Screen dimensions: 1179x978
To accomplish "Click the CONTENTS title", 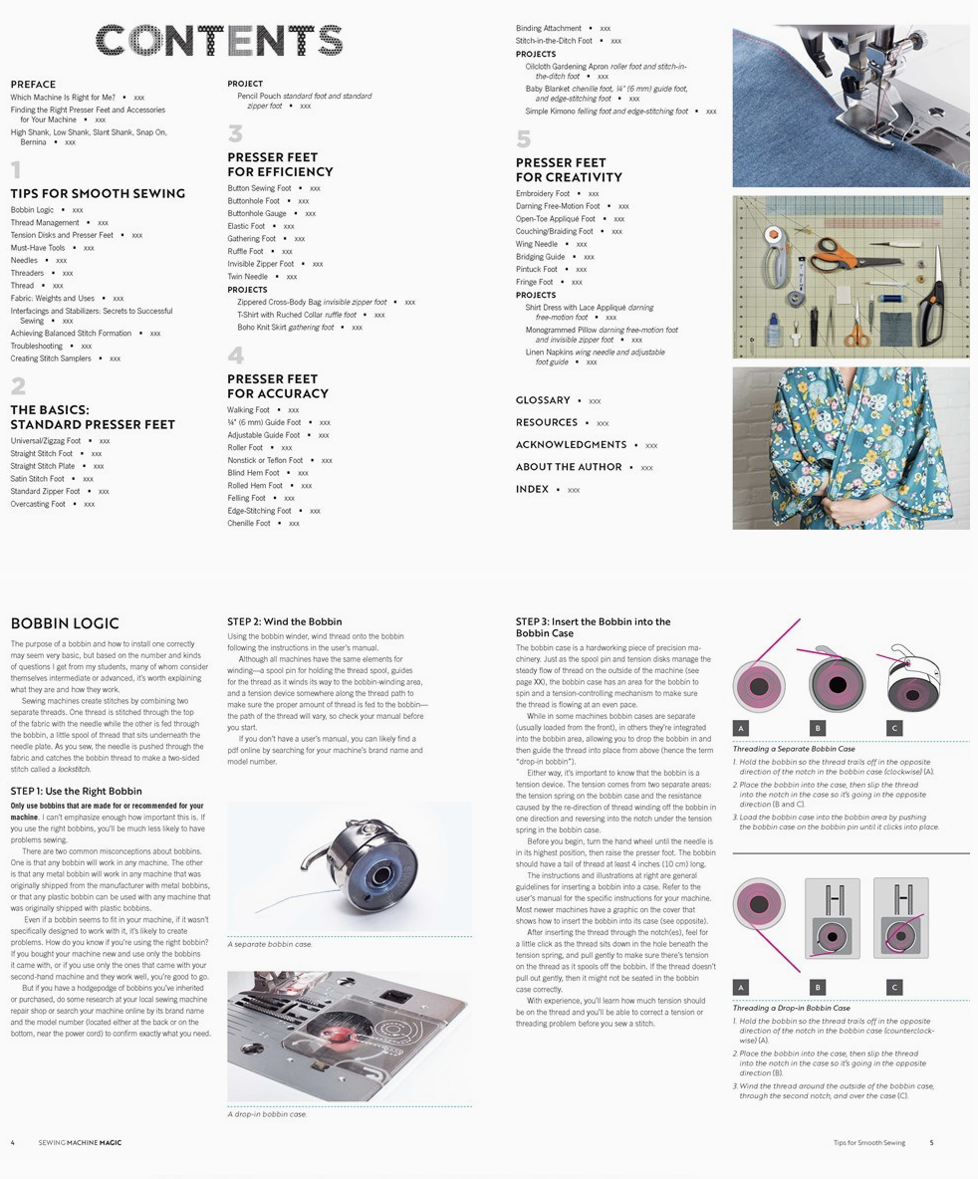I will pos(219,41).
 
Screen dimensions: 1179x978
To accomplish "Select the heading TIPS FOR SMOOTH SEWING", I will pos(98,193).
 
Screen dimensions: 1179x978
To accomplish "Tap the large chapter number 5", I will pos(523,138).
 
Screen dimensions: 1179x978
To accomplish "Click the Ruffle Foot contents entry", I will pos(245,251).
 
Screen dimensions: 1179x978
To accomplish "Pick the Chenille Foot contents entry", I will pos(248,523).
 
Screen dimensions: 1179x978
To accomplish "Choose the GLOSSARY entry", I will pos(543,400).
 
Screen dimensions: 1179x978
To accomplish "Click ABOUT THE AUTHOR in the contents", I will pos(569,467).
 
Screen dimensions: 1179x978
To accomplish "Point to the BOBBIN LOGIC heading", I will pos(65,623).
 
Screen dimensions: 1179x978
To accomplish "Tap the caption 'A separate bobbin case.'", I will pos(269,944).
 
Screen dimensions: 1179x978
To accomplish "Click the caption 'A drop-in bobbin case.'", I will pos(267,1114).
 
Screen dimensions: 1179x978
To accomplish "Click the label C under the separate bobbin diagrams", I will pos(894,728).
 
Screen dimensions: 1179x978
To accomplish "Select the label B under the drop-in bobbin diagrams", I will pos(818,987).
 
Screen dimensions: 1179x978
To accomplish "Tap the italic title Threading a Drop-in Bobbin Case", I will pos(791,1008).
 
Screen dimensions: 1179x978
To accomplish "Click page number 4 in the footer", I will pos(13,1143).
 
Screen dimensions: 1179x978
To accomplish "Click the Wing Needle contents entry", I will pos(537,244).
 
